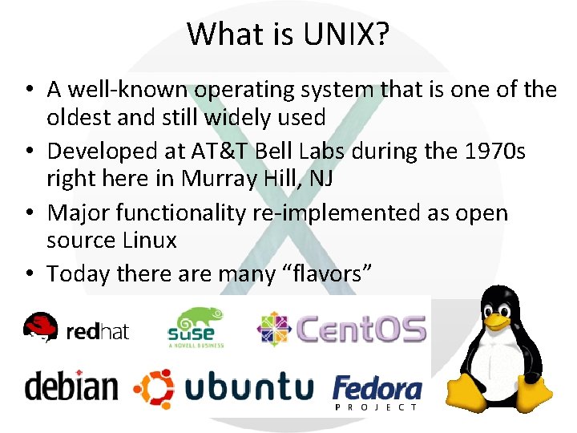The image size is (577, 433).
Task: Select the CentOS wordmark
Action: click(361, 329)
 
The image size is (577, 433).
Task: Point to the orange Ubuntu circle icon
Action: click(153, 389)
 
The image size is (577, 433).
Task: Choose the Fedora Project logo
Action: click(377, 391)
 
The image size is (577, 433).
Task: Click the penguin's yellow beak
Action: click(498, 320)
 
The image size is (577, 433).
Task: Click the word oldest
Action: click(79, 117)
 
